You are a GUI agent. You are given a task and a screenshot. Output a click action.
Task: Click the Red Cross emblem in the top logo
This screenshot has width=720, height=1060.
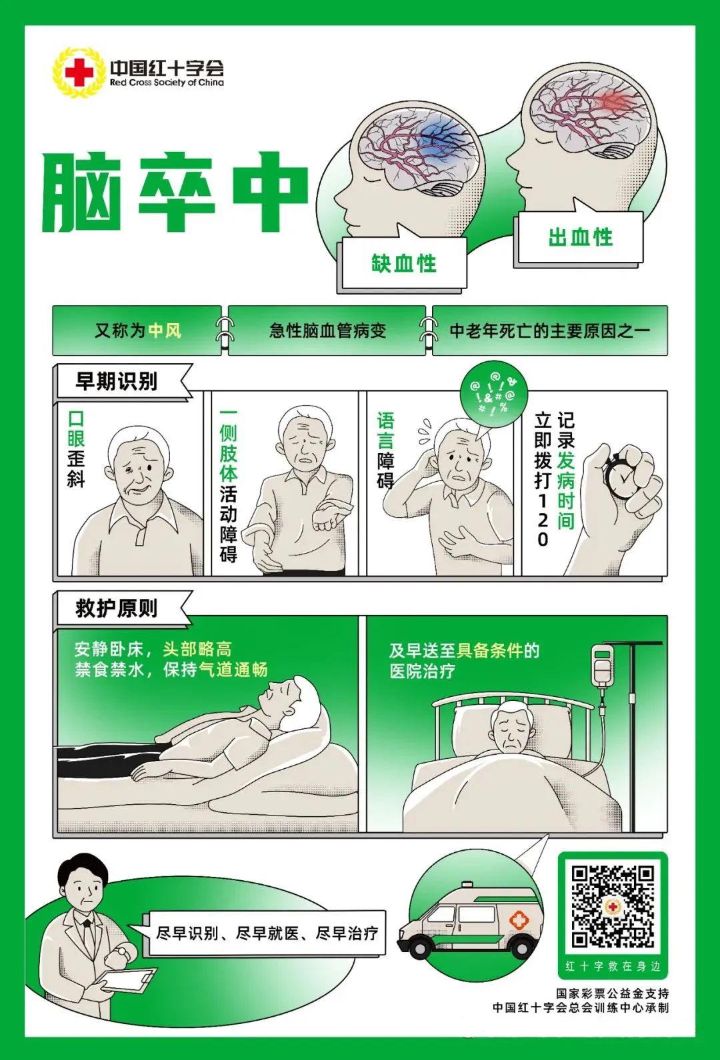[79, 72]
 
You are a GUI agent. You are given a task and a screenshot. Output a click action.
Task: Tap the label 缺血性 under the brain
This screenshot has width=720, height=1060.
[404, 263]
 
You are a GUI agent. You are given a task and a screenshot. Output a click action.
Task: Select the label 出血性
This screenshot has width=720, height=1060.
[580, 237]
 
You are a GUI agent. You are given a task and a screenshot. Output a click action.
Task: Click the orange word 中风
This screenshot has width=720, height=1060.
[165, 330]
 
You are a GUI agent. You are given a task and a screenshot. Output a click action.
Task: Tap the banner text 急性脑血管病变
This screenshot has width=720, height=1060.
[327, 330]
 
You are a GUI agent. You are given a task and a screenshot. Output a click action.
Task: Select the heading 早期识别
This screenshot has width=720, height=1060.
[117, 381]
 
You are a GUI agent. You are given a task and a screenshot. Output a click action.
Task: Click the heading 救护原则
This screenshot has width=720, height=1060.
[117, 608]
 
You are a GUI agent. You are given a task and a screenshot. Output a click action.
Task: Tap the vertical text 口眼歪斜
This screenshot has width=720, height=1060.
[76, 449]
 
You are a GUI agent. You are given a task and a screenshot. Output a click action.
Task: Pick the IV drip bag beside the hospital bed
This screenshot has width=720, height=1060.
[603, 666]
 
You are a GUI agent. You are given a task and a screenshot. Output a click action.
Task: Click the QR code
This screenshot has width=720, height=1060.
[613, 906]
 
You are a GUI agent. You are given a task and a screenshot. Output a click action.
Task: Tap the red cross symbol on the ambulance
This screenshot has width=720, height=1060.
[519, 921]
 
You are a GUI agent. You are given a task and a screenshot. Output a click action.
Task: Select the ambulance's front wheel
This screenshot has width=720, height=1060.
[422, 946]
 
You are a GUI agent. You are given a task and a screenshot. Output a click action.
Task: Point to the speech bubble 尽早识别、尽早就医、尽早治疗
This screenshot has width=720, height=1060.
[267, 933]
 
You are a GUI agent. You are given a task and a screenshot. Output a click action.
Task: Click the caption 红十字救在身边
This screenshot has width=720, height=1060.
[613, 965]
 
